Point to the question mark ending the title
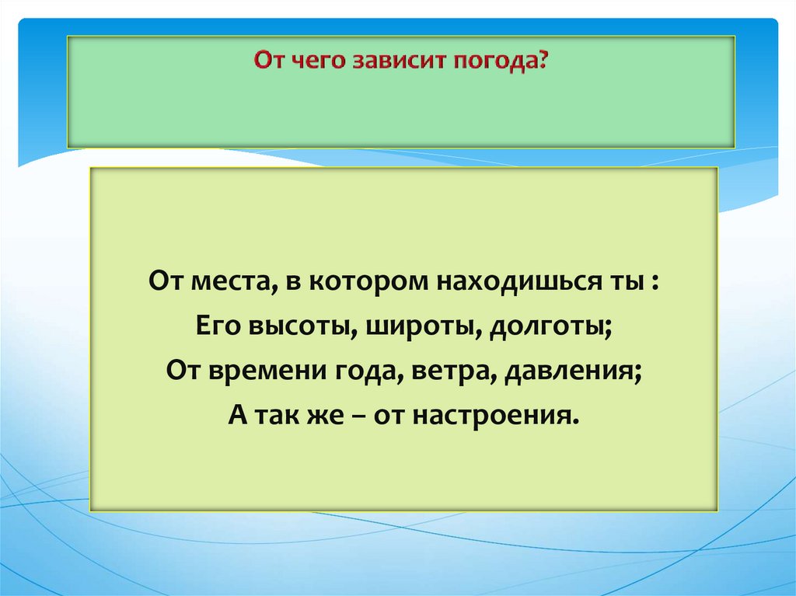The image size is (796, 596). tap(543, 59)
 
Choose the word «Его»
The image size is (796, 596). tap(215, 326)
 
